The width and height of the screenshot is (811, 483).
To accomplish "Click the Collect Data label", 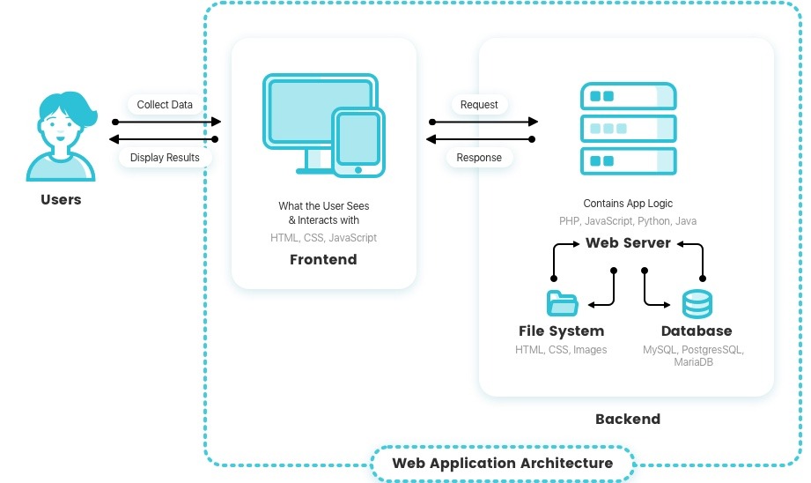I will (165, 105).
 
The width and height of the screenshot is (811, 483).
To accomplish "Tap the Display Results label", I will (165, 158).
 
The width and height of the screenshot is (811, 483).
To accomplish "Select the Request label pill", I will (479, 105).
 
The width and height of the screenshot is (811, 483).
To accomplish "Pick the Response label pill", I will (479, 158).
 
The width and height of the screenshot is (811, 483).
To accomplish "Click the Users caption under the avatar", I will (61, 200).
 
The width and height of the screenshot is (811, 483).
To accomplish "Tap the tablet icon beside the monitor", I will (358, 141).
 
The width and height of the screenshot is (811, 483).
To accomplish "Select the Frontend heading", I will (323, 260).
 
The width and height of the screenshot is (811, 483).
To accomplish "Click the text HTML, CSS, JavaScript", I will (323, 238).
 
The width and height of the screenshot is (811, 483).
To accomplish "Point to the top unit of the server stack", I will (628, 97).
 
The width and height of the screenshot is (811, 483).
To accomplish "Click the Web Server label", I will (628, 242).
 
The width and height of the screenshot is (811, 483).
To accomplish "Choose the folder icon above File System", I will (561, 303).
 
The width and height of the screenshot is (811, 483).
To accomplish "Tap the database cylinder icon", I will (697, 303).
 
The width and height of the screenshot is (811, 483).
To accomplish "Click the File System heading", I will (561, 331).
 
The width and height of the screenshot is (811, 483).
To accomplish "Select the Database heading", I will (697, 331).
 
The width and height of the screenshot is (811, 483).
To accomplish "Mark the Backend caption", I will (627, 419).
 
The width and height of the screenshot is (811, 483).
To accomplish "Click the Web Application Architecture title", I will (502, 463).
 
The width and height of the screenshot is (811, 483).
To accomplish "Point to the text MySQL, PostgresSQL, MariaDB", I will (694, 356).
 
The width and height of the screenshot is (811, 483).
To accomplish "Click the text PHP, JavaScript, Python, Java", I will (628, 221).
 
